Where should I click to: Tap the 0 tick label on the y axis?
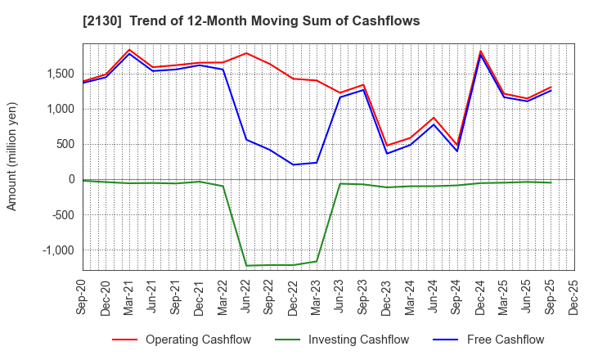pos(72,180)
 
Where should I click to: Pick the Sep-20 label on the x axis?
pos(83,298)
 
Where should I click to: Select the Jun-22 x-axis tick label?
pos(247,298)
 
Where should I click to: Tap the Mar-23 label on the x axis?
pos(317,298)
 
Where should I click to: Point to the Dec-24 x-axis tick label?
pos(481,298)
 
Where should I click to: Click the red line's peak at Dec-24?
pos(481,51)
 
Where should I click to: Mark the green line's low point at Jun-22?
pos(247,265)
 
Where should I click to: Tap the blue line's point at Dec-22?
pos(294,164)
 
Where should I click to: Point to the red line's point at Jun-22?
pos(247,53)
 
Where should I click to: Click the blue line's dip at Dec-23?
pos(387,153)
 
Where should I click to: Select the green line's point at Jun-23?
pos(340,183)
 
